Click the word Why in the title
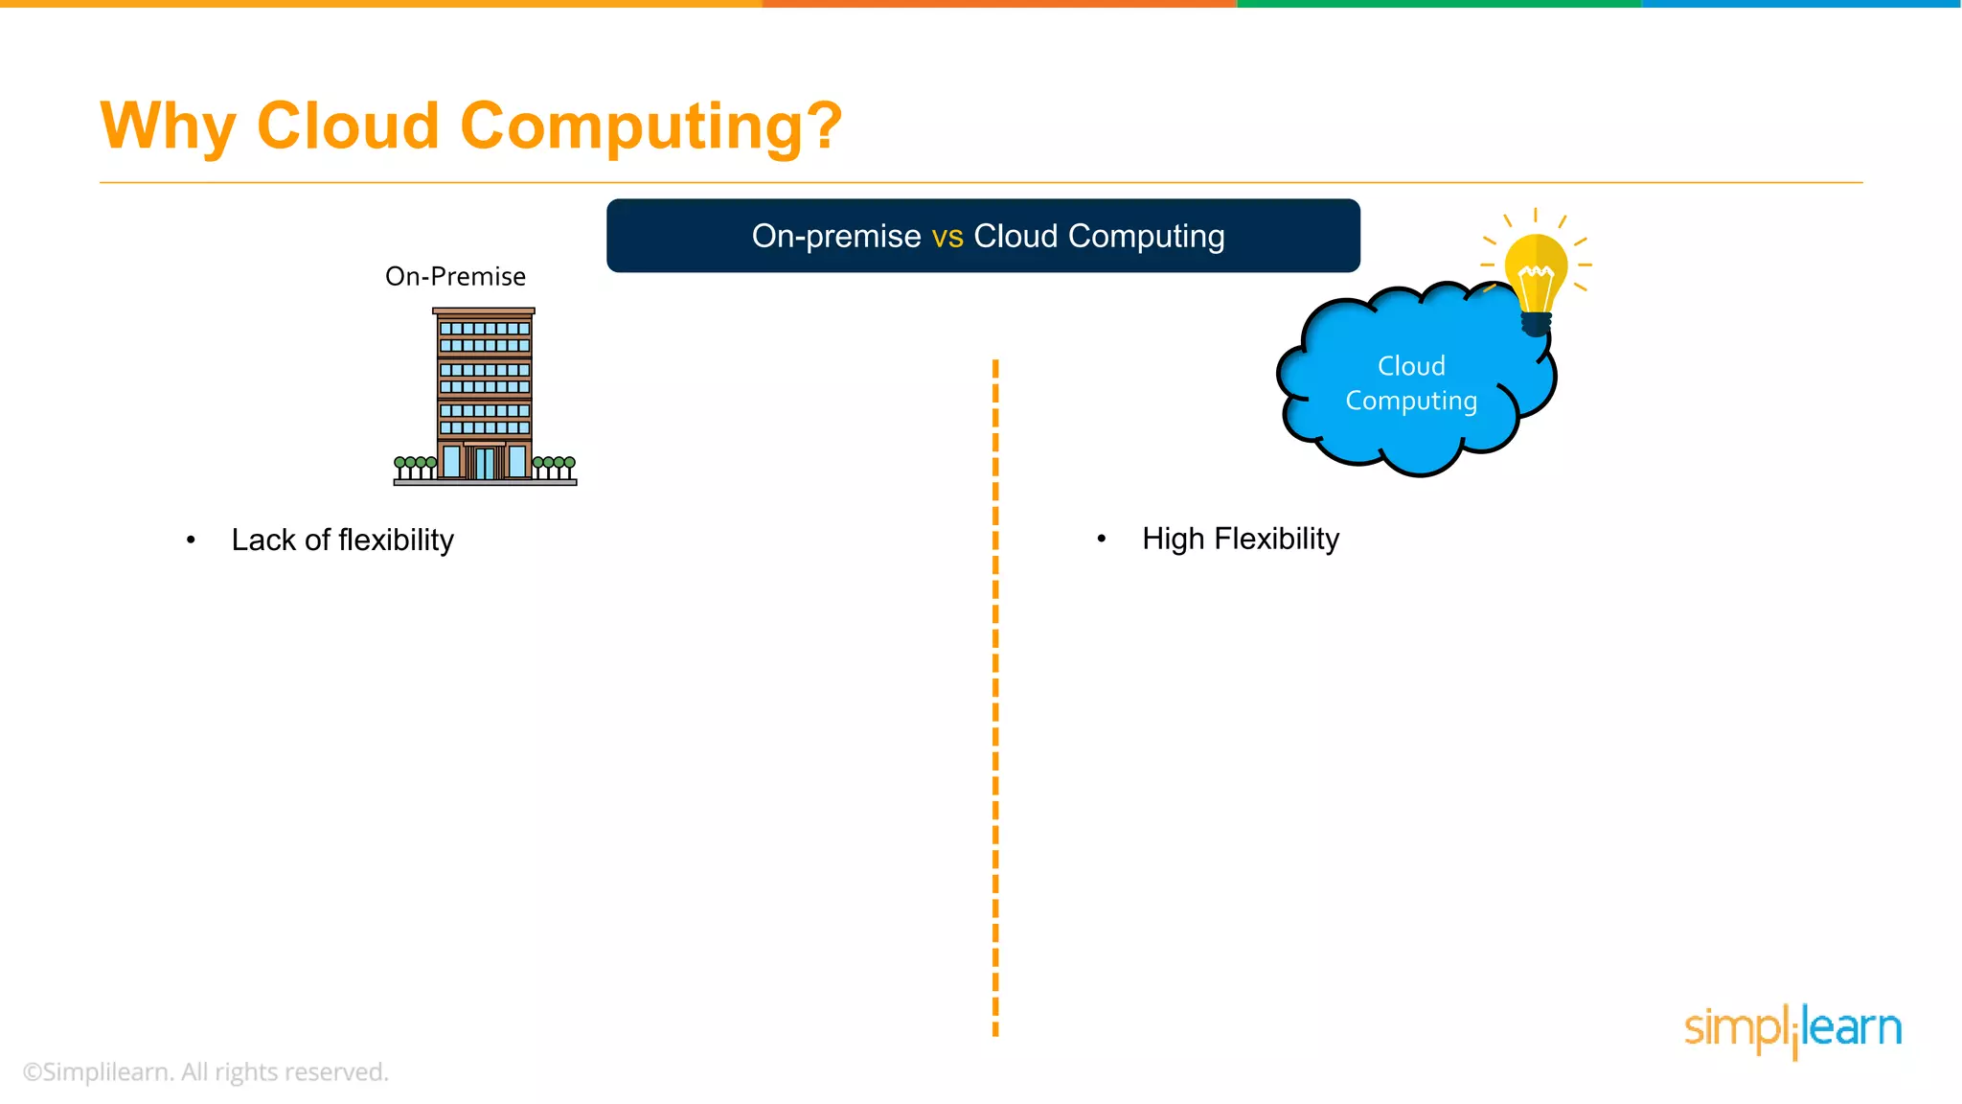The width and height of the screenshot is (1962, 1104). [168, 126]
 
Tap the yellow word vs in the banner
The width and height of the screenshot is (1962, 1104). [947, 236]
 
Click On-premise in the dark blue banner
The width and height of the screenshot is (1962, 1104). [835, 236]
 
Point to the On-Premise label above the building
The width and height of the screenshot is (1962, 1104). [455, 276]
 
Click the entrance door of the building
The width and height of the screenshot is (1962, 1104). [485, 463]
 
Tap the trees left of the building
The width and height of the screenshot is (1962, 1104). [415, 467]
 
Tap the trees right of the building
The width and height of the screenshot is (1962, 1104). [554, 467]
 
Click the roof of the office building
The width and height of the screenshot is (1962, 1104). [484, 311]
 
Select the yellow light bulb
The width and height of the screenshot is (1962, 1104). [1536, 273]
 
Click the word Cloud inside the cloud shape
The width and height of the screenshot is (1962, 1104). [1411, 366]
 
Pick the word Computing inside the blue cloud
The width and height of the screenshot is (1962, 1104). [1411, 401]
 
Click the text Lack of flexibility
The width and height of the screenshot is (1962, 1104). [342, 540]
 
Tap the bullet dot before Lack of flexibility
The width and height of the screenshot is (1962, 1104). [191, 540]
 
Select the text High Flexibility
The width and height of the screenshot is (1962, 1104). [1240, 539]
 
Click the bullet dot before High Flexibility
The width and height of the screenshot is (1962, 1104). [1102, 539]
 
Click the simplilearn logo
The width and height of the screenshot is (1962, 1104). [1792, 1029]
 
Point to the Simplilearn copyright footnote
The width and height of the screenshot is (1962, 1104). [205, 1071]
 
